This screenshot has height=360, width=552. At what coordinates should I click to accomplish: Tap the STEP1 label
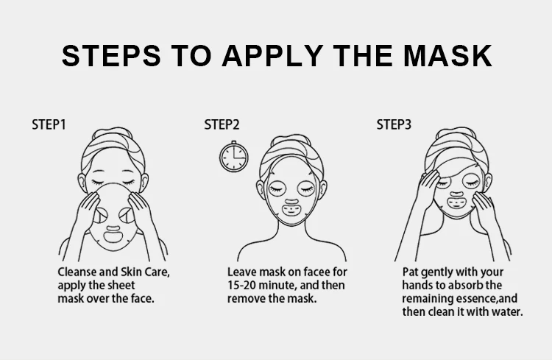tap(49, 124)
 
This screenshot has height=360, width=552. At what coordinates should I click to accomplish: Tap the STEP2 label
tap(222, 124)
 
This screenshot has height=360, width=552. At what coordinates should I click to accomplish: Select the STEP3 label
tap(394, 124)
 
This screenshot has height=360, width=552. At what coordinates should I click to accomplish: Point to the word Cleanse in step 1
tap(78, 272)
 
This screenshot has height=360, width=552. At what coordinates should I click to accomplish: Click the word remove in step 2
tap(247, 299)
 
